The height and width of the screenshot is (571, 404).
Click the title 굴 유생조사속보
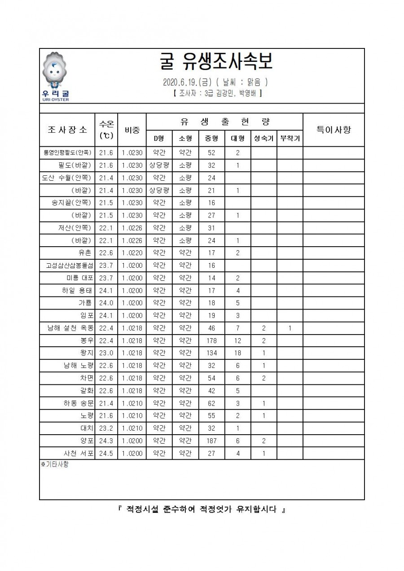[216, 63]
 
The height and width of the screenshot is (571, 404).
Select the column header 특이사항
[334, 130]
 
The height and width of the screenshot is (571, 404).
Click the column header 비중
[132, 130]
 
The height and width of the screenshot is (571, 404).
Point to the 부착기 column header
[290, 138]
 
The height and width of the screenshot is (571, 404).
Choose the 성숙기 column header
[263, 138]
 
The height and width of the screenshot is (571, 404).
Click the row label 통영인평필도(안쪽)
[67, 153]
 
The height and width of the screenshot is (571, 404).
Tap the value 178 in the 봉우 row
[211, 341]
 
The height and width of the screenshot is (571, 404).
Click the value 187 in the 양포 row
[211, 441]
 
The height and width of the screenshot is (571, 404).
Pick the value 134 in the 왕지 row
[211, 353]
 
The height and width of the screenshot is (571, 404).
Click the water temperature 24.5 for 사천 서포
[106, 454]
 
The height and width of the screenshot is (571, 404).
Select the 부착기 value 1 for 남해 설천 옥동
[290, 328]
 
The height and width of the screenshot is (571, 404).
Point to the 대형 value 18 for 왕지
[237, 353]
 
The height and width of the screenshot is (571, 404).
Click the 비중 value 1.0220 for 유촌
[132, 253]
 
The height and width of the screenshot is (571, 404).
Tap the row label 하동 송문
[79, 404]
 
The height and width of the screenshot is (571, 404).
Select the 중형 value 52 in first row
[211, 153]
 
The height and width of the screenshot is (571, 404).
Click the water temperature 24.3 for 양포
[106, 441]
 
